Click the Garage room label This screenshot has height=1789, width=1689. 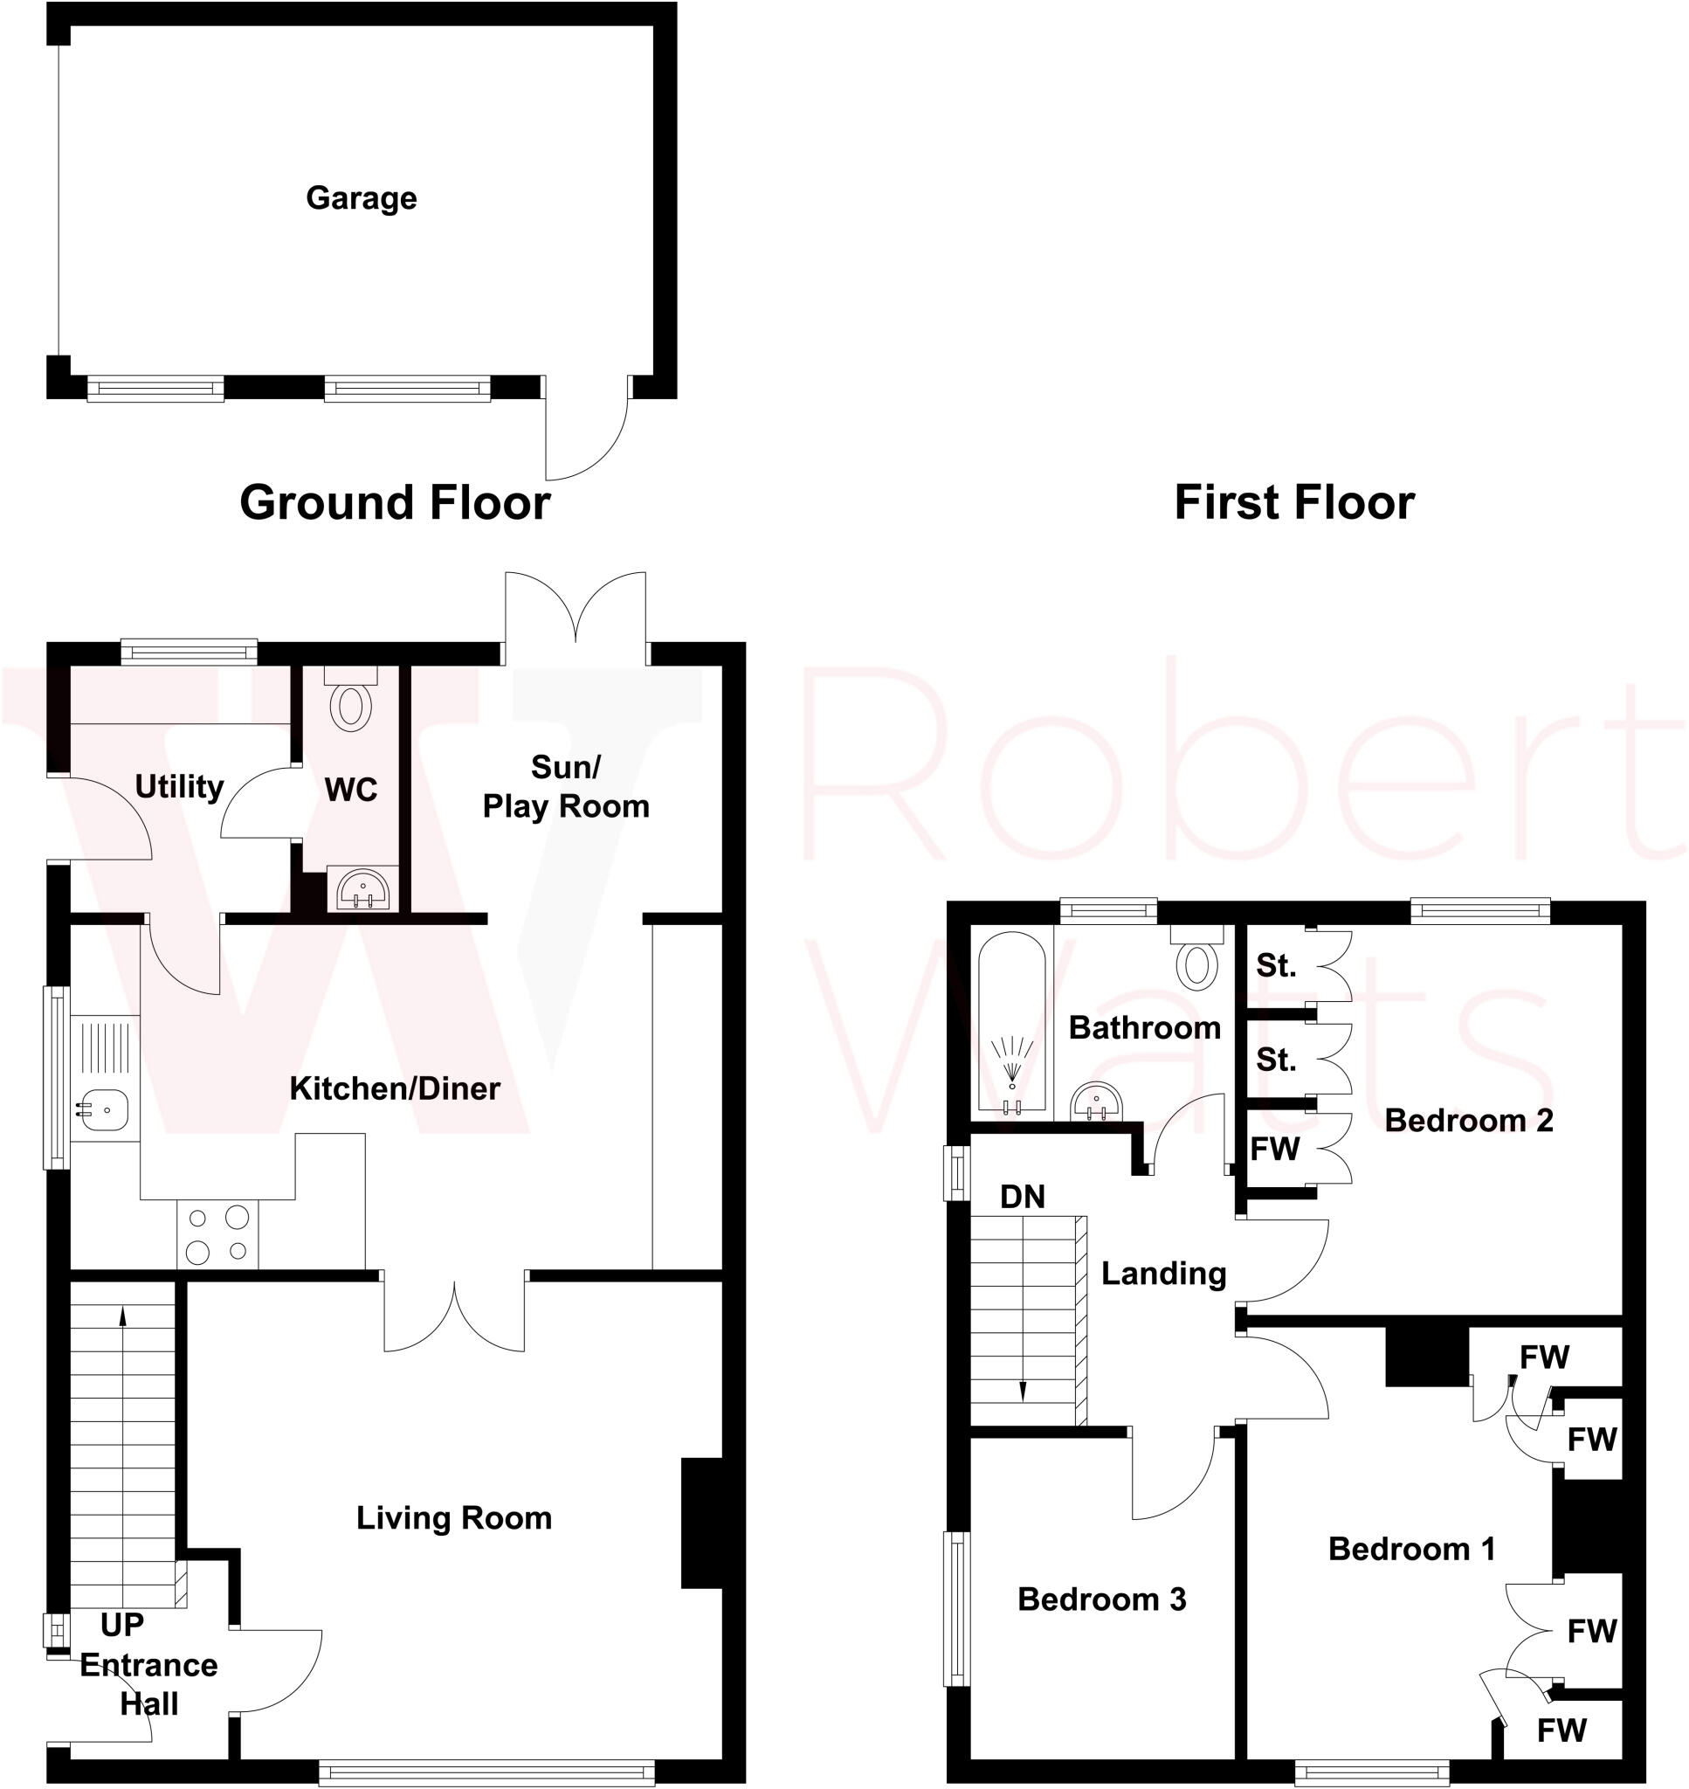pos(361,198)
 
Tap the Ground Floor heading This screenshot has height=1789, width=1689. pos(395,502)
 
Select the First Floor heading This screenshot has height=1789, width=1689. pos(1293,502)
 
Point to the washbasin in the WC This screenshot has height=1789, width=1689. pos(362,889)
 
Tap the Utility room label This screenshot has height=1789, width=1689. pos(179,786)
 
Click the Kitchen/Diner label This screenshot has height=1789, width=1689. pos(395,1088)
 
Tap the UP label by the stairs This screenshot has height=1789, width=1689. pos(122,1625)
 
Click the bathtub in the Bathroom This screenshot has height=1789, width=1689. pos(1012,1024)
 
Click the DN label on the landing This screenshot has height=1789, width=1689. pos(1023,1197)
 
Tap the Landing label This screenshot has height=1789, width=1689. pos(1163,1273)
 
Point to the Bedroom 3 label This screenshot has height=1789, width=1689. pos(1101,1599)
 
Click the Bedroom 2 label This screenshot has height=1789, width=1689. pos(1468,1120)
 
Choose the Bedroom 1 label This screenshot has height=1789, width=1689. pos(1410,1549)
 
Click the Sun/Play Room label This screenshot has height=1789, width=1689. pos(565,787)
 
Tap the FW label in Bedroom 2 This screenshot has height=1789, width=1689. pos(1275,1148)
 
